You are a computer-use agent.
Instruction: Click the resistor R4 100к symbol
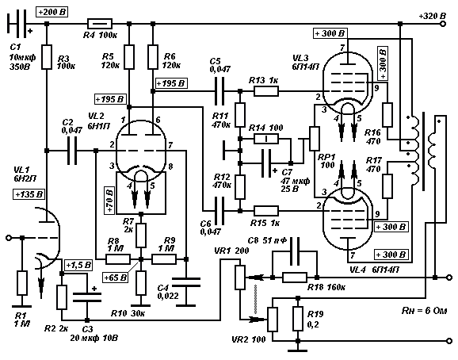pyautogui.click(x=100, y=24)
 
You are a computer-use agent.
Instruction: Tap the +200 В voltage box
pyautogui.click(x=52, y=12)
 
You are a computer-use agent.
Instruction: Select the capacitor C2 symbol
pyautogui.click(x=72, y=151)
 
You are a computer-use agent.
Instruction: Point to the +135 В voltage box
pyautogui.click(x=29, y=194)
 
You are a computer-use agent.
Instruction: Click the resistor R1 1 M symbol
pyautogui.click(x=22, y=283)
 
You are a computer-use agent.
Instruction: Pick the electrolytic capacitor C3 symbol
pyautogui.click(x=86, y=297)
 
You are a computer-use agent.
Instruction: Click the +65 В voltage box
pyautogui.click(x=116, y=277)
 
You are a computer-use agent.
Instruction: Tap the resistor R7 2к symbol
pyautogui.click(x=141, y=236)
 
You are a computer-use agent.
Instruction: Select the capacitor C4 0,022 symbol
pyautogui.click(x=186, y=282)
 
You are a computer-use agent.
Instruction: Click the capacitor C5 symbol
pyautogui.click(x=219, y=91)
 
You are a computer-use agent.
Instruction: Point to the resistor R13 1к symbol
pyautogui.click(x=266, y=91)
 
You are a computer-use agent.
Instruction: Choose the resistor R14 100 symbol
pyautogui.click(x=266, y=139)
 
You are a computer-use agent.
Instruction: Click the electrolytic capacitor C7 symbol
pyautogui.click(x=266, y=163)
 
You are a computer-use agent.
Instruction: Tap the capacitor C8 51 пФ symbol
pyautogui.click(x=295, y=251)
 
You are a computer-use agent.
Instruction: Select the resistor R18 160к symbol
pyautogui.click(x=295, y=278)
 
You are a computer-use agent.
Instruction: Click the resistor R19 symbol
pyautogui.click(x=298, y=319)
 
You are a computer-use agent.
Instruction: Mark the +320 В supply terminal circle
pyautogui.click(x=443, y=24)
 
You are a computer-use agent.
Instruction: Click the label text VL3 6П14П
pyautogui.click(x=305, y=62)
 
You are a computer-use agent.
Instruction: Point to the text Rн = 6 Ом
pyautogui.click(x=424, y=311)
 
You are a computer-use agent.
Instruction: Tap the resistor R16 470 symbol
pyautogui.click(x=387, y=114)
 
